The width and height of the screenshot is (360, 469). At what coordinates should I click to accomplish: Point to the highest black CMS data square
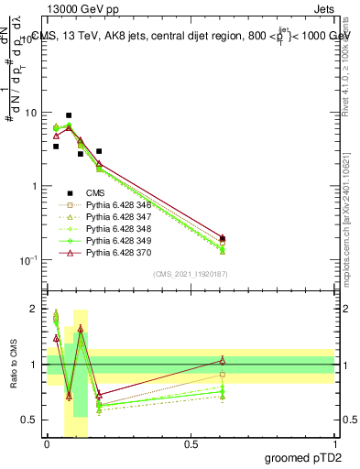click(x=69, y=115)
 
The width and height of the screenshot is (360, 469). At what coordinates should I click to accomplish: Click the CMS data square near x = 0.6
click(x=223, y=238)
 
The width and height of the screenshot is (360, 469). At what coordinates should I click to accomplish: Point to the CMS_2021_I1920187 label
click(x=191, y=274)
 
